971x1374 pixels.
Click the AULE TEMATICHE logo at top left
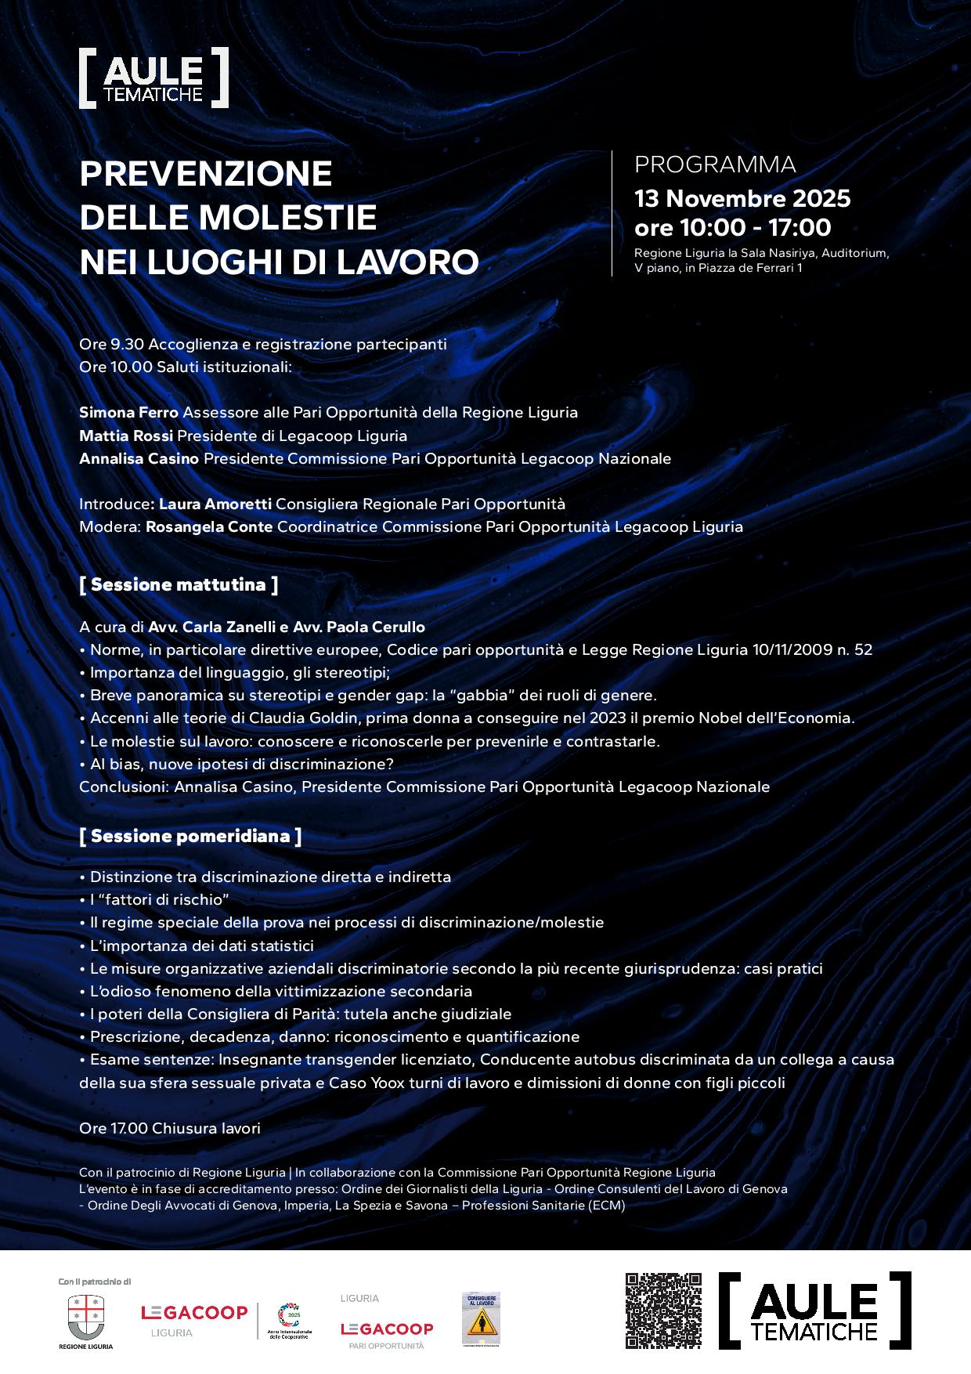153,78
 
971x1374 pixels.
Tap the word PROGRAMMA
714,165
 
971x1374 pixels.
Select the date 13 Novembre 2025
742,198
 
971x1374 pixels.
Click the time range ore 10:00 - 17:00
732,228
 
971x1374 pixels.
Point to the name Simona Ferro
128,412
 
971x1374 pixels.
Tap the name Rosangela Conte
209,526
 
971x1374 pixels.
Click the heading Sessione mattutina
179,584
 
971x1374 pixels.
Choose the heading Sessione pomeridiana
190,836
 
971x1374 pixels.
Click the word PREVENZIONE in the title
206,173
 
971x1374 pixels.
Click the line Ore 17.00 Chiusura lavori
169,1128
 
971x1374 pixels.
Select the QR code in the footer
663,1311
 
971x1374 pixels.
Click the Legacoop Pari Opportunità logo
386,1329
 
